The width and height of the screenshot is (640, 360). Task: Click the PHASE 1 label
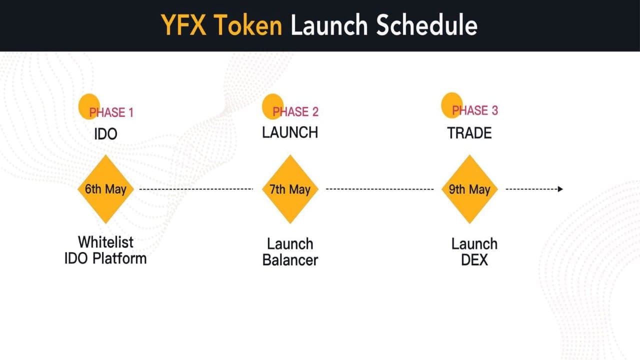[111, 112]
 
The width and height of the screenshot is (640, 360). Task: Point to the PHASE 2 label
[295, 111]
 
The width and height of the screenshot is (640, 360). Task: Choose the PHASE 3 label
[474, 110]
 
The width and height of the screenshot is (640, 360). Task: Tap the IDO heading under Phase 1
[105, 134]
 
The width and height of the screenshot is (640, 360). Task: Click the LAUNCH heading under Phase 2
[290, 132]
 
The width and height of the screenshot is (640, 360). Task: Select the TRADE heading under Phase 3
[469, 133]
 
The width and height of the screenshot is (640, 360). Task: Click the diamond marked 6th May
[105, 189]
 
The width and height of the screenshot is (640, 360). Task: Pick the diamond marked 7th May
[290, 189]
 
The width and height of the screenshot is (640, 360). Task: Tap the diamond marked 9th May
[469, 189]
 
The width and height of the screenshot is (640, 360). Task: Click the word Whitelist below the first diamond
[105, 242]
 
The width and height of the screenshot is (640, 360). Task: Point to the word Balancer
[290, 260]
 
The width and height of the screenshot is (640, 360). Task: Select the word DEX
[474, 260]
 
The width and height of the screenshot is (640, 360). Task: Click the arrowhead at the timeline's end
[560, 189]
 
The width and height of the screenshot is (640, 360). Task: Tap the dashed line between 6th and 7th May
[196, 189]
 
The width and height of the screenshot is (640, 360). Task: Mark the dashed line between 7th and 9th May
[379, 189]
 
